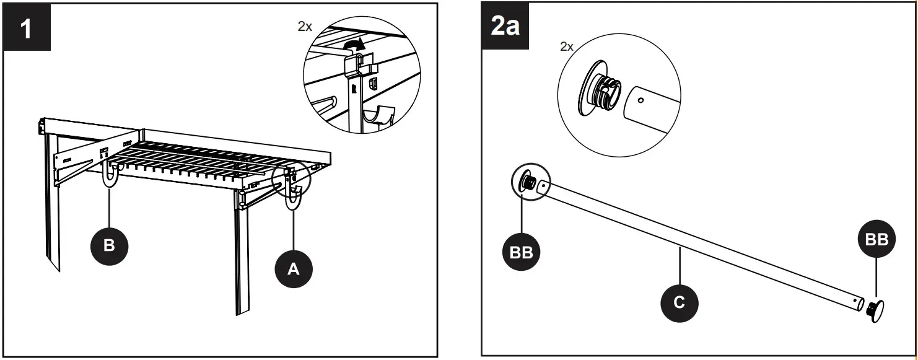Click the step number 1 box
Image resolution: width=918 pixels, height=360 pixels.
click(27, 29)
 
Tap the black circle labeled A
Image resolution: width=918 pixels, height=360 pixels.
click(294, 268)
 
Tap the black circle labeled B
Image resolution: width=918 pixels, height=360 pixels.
click(109, 245)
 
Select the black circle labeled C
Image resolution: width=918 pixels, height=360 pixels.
click(679, 302)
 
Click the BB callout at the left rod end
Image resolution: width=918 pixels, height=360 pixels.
click(521, 252)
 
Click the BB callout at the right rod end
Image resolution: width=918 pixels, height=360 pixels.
click(876, 240)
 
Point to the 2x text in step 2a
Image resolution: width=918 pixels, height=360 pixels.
click(566, 46)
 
